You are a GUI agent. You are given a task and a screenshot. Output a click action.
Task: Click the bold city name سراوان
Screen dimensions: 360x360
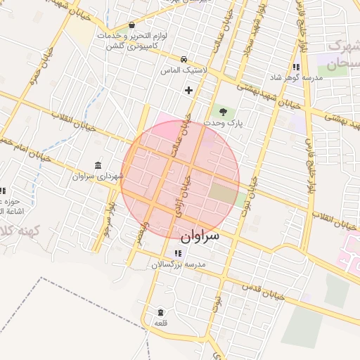coord(199,236)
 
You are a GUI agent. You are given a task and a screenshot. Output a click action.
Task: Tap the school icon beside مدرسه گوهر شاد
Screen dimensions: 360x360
coord(296,67)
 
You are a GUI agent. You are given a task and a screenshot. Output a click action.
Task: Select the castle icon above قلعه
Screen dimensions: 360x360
coord(160,311)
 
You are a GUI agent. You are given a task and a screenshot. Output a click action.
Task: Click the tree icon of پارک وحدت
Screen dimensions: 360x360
coord(223,112)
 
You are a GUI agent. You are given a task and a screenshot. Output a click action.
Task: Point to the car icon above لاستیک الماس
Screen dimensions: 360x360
coord(184,59)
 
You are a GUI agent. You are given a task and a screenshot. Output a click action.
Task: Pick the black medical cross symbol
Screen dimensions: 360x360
coord(188,90)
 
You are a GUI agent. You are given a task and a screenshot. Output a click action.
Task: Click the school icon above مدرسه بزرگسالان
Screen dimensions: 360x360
coord(177,253)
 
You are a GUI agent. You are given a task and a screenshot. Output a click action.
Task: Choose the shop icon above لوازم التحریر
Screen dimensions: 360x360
coord(131,25)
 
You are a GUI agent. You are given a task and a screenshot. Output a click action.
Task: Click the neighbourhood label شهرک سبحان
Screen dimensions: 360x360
coord(338,56)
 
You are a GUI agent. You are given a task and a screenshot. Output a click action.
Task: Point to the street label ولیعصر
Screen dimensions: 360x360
coord(143,232)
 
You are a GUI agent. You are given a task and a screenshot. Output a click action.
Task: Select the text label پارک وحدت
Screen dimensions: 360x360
coord(222,123)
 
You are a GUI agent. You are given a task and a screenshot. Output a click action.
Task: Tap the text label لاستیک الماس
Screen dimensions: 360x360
coord(176,71)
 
